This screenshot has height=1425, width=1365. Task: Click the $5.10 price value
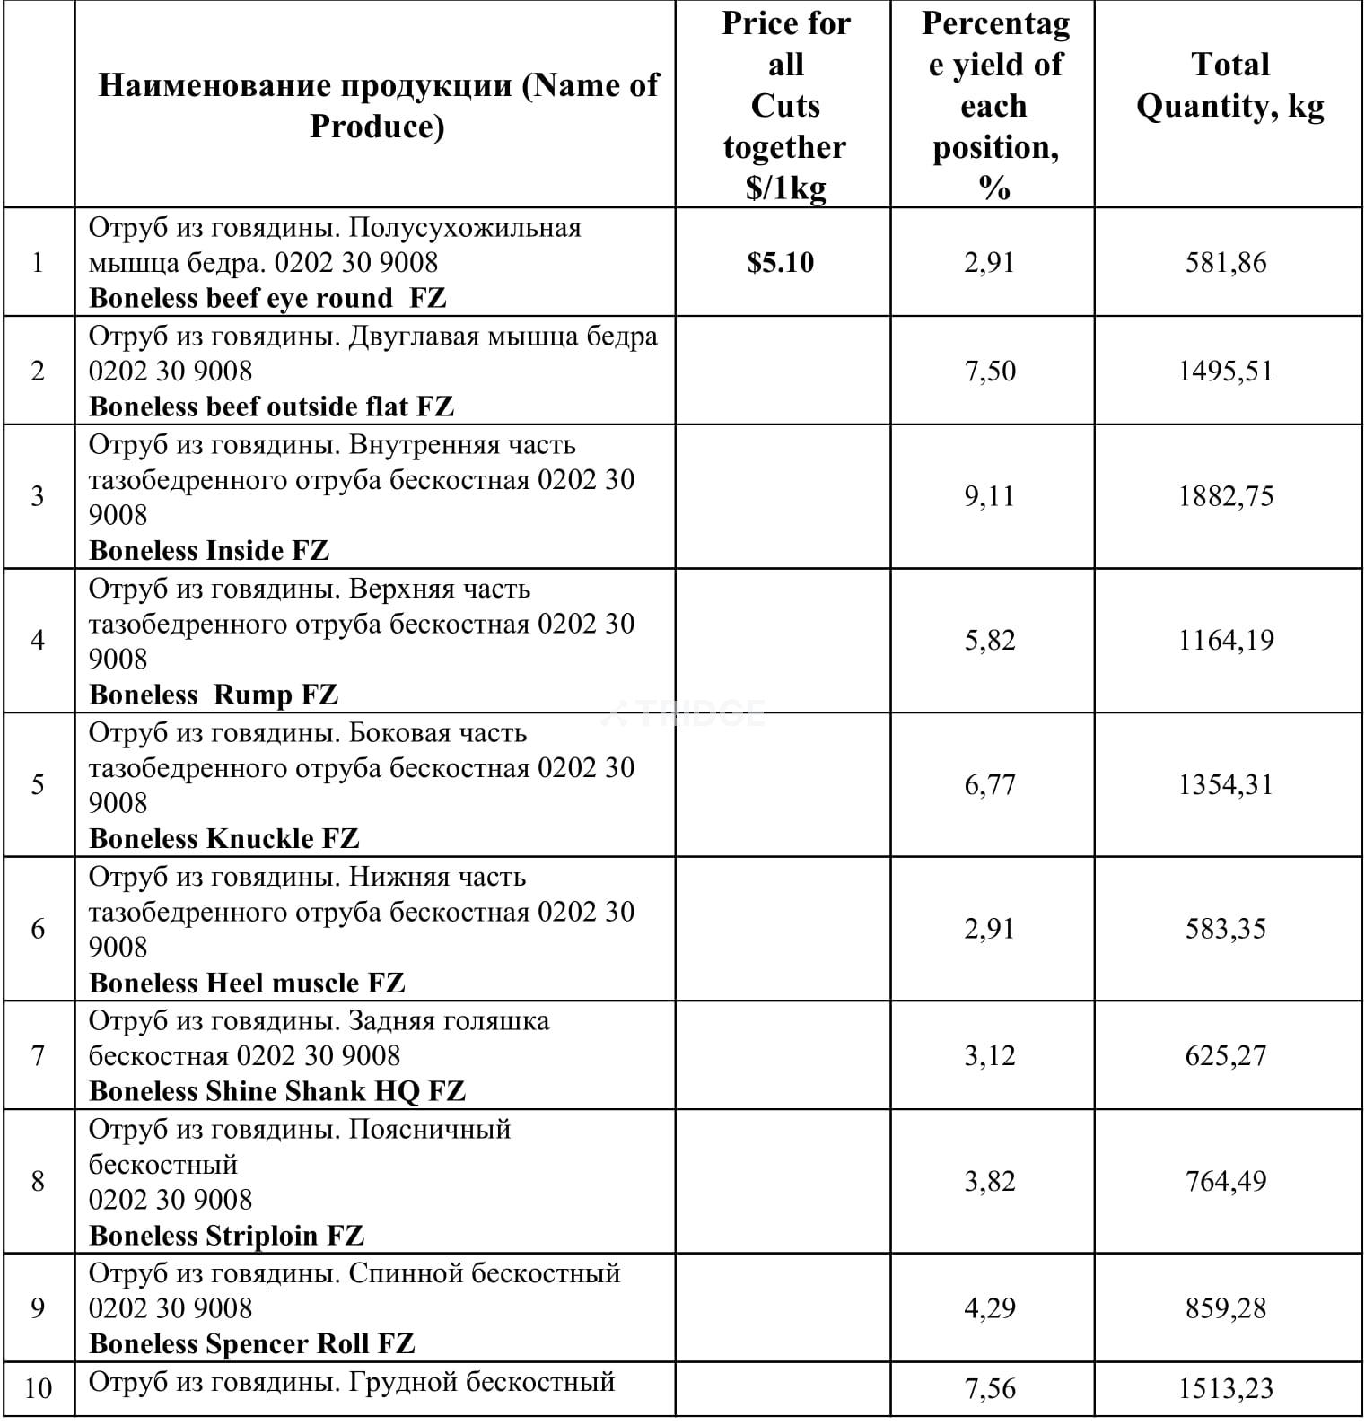click(x=780, y=262)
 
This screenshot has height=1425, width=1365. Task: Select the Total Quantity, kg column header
click(x=1229, y=85)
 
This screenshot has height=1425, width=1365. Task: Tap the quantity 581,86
click(x=1226, y=262)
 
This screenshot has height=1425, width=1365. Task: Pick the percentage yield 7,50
click(x=990, y=371)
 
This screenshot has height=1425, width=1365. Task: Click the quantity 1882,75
click(x=1226, y=496)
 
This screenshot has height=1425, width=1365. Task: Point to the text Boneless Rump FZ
click(x=214, y=695)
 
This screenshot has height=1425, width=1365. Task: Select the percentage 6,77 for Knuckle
click(x=990, y=784)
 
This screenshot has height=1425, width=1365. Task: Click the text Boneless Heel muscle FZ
click(x=247, y=983)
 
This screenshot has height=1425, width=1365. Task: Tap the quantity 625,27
click(x=1226, y=1055)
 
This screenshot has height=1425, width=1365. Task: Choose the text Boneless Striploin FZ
click(x=226, y=1236)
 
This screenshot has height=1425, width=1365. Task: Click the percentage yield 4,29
click(x=990, y=1307)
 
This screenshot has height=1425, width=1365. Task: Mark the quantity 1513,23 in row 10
click(x=1226, y=1388)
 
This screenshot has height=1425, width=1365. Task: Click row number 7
click(x=38, y=1055)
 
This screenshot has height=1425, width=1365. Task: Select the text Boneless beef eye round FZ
click(x=267, y=298)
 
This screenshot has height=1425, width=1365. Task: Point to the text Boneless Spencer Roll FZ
click(x=252, y=1343)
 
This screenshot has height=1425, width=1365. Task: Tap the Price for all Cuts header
click(x=785, y=106)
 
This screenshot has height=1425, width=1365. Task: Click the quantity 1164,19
click(x=1226, y=640)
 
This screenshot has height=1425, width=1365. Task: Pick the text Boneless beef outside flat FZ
click(x=271, y=407)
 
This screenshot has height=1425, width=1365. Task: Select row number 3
click(x=38, y=496)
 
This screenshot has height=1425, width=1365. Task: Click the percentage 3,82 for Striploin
click(x=990, y=1181)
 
